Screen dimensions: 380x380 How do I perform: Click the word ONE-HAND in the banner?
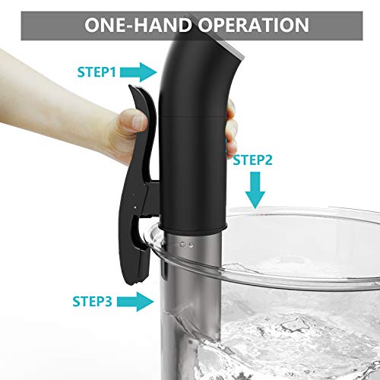tap(138, 25)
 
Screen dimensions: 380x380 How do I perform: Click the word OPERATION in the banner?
tap(253, 25)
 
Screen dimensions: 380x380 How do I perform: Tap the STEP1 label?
tap(97, 72)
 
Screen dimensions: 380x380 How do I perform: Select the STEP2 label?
tap(252, 160)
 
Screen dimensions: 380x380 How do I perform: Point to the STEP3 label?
tap(92, 301)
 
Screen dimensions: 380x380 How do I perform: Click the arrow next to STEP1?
tap(138, 72)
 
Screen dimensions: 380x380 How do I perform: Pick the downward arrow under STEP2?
tap(255, 190)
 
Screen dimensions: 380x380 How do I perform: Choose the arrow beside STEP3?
tap(135, 302)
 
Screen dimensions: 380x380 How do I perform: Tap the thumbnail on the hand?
tap(138, 122)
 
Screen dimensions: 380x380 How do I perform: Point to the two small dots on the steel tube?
tap(186, 245)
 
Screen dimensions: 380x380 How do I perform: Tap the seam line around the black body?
tap(192, 116)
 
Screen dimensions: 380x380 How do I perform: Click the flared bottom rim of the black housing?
tap(193, 228)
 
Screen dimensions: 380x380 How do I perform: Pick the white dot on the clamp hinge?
tap(135, 207)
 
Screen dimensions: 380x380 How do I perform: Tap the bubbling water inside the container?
tap(291, 342)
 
